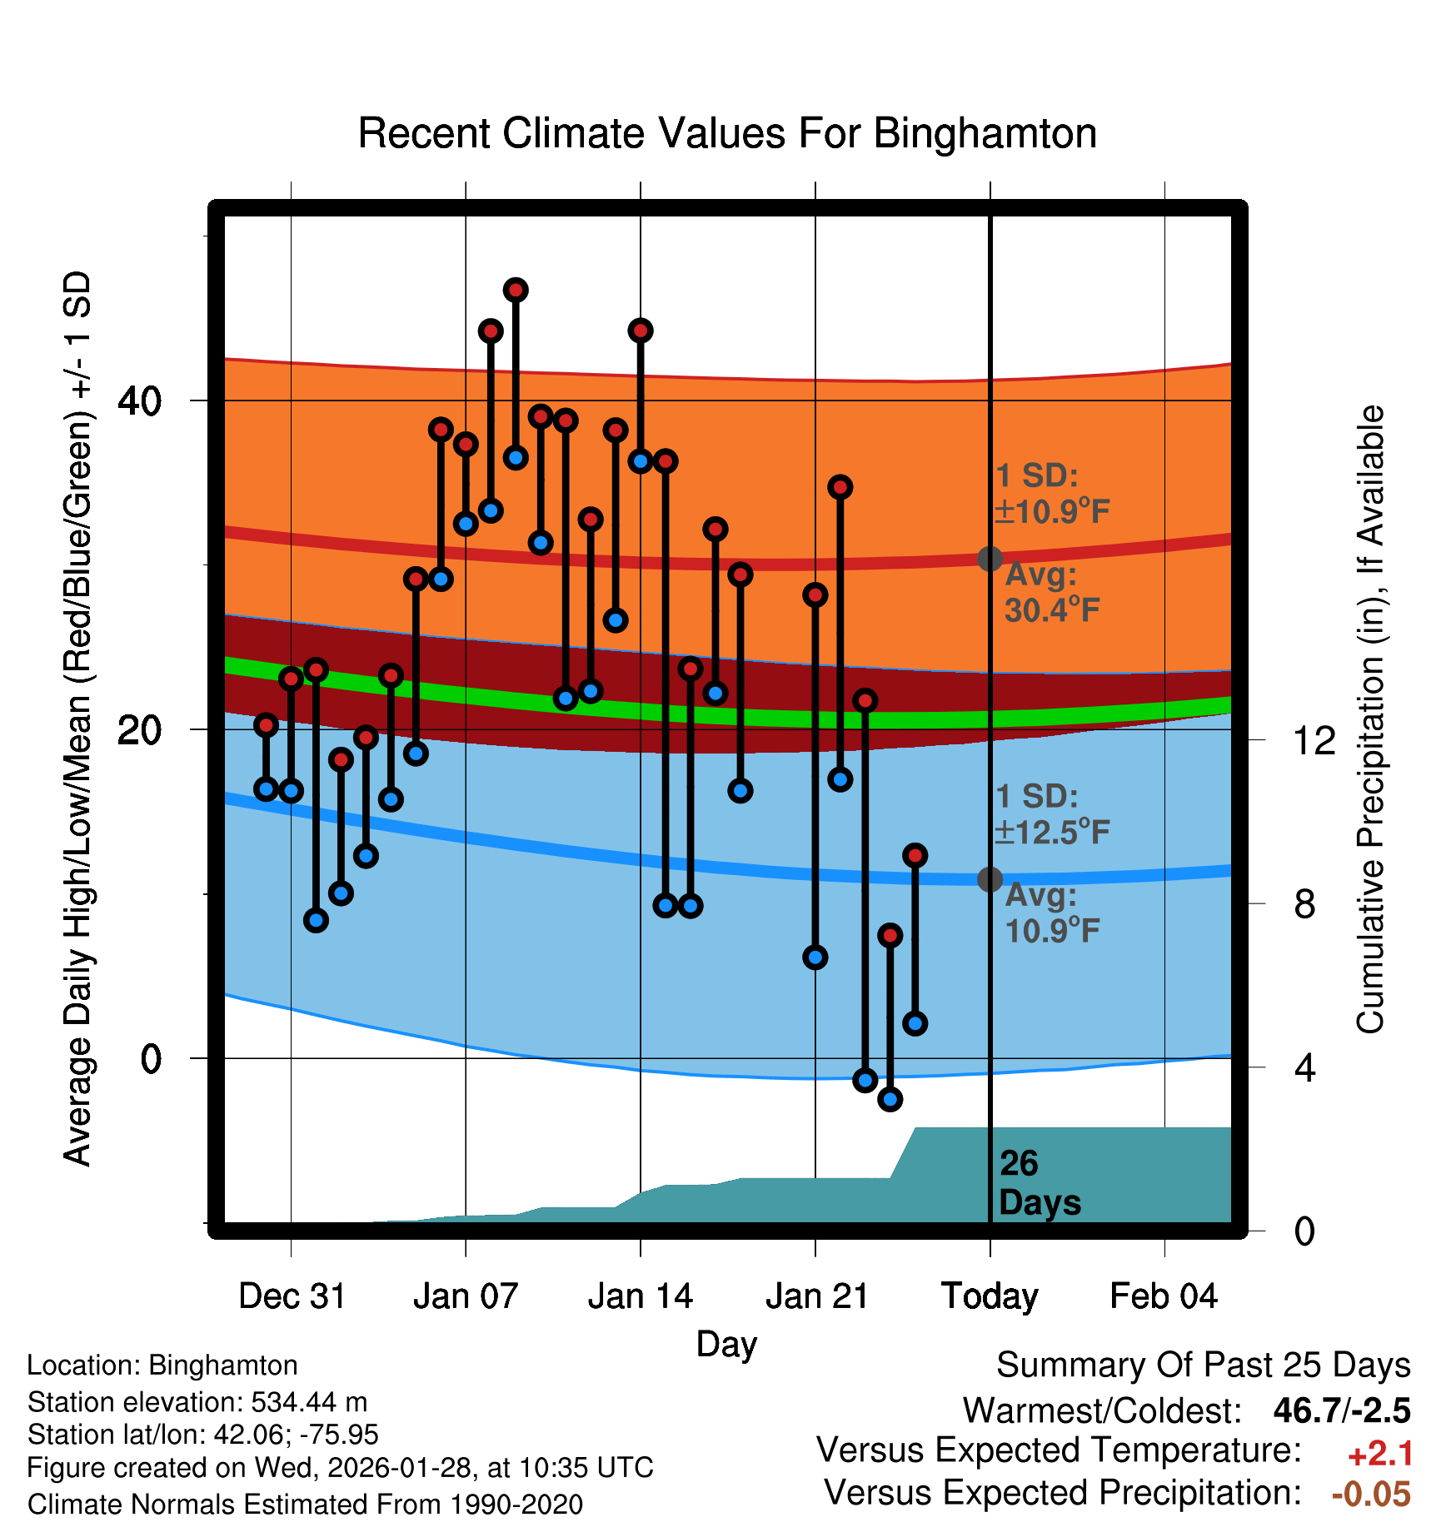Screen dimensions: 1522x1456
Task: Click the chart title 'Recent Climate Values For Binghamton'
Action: [x=727, y=134]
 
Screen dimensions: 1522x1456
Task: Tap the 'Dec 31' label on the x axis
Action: [x=292, y=1296]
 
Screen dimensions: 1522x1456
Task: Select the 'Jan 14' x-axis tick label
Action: [x=640, y=1296]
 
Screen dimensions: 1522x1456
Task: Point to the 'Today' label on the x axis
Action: [x=990, y=1296]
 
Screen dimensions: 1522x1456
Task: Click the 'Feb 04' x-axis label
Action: [x=1164, y=1296]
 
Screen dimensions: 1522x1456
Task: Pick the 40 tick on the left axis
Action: [x=139, y=401]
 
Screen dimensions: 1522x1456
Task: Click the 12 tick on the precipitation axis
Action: [x=1314, y=740]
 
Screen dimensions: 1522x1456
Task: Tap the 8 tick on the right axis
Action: [x=1305, y=903]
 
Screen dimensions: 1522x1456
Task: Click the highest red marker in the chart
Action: [x=516, y=291]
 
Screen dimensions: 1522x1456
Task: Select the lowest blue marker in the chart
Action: [x=890, y=1100]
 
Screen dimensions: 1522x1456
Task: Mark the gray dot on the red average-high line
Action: [x=990, y=559]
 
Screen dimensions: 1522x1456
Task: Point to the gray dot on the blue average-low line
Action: [x=990, y=879]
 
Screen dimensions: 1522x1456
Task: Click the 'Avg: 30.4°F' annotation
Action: [x=1051, y=593]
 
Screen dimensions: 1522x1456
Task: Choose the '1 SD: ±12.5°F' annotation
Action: [x=1052, y=814]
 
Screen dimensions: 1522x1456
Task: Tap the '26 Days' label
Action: [x=1039, y=1183]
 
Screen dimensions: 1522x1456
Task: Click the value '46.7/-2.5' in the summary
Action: [x=1341, y=1410]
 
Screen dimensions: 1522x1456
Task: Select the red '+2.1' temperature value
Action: [x=1379, y=1454]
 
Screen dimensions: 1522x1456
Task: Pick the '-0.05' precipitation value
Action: [x=1371, y=1495]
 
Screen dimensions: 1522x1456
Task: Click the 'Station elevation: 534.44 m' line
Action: [x=197, y=1402]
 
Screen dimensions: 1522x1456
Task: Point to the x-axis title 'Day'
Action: [x=726, y=1344]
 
